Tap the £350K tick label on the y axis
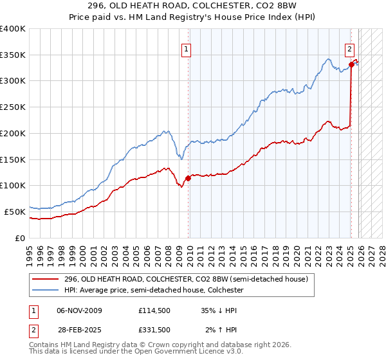[12, 55]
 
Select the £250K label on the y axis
[12, 107]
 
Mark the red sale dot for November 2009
[188, 178]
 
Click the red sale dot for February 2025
[351, 64]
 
